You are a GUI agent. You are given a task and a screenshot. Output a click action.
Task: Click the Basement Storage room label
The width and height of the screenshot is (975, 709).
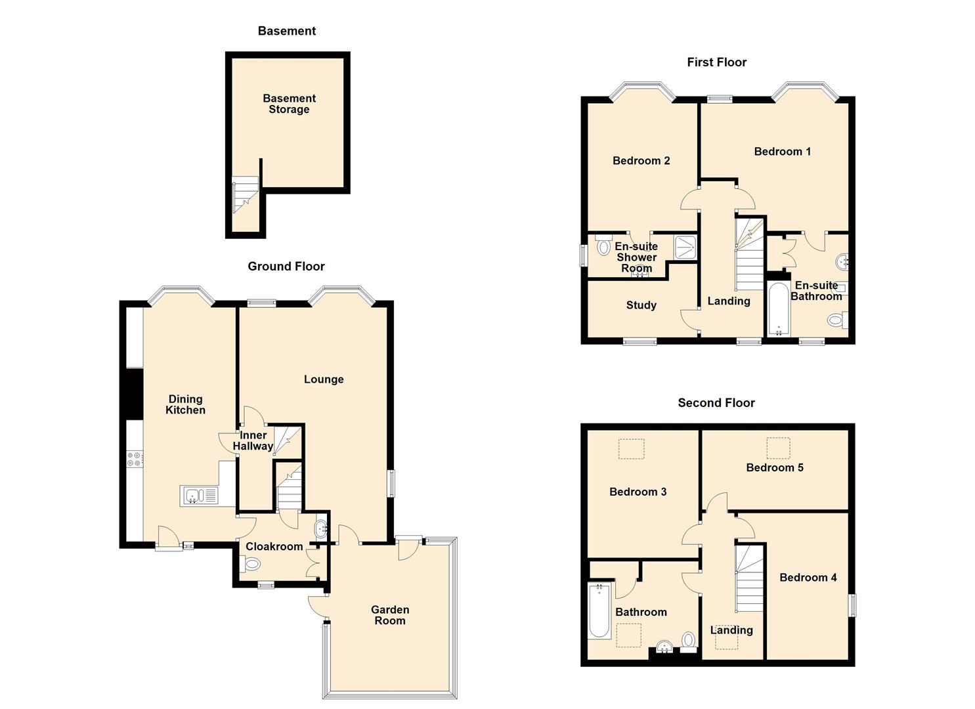289,104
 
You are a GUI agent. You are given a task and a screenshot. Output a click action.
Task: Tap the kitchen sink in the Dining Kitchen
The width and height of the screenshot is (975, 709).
199,496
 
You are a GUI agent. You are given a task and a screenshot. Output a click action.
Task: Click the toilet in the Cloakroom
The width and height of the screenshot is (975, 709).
251,563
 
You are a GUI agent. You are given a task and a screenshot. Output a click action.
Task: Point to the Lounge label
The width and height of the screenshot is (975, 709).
324,379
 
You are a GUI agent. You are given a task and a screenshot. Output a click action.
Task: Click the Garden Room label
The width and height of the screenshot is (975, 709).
390,615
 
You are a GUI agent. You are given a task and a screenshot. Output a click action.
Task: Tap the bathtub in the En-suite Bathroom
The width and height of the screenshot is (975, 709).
779,309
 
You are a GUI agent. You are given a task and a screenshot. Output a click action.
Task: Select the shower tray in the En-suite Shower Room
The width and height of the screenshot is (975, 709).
685,247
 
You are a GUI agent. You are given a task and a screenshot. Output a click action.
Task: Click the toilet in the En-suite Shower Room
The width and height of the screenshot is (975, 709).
603,247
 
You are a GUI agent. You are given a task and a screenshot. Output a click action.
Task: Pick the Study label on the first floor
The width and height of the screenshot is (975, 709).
641,305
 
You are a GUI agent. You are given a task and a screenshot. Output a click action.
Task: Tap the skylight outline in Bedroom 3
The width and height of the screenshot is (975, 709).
632,449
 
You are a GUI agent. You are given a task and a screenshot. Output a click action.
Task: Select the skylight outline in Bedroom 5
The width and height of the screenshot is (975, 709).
779,448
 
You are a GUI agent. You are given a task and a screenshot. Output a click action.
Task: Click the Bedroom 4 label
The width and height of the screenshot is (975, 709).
808,578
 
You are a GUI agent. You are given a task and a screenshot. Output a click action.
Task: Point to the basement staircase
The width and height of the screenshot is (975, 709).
246,194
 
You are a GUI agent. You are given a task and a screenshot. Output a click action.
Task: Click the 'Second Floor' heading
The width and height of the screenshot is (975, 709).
716,403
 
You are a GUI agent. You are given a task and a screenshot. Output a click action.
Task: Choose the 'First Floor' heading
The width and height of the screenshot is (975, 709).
716,62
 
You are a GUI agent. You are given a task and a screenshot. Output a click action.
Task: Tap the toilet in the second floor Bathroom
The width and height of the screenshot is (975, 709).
688,639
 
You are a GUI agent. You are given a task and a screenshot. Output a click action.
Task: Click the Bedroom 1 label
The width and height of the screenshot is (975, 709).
782,152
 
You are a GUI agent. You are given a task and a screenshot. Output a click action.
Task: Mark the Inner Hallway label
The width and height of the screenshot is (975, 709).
253,440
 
